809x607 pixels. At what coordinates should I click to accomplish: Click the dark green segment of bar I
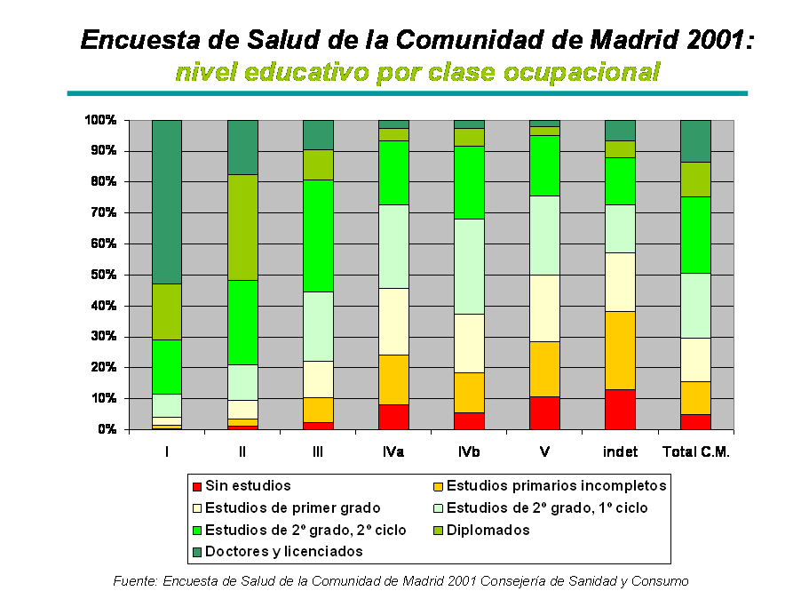pyautogui.click(x=167, y=201)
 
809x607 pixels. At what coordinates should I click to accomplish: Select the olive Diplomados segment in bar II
pyautogui.click(x=242, y=227)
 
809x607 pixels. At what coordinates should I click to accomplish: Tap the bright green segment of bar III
pyautogui.click(x=318, y=236)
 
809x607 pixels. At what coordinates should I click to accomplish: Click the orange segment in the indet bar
pyautogui.click(x=620, y=350)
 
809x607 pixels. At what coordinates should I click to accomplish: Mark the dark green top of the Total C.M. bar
pyautogui.click(x=695, y=140)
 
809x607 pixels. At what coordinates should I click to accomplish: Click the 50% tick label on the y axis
pyautogui.click(x=100, y=275)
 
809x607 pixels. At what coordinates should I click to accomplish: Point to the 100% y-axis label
pyautogui.click(x=100, y=120)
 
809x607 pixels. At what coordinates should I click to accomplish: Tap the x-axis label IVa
pyautogui.click(x=393, y=452)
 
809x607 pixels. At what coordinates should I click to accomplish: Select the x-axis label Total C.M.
pyautogui.click(x=696, y=452)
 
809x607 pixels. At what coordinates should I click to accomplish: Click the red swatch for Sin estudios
pyautogui.click(x=197, y=486)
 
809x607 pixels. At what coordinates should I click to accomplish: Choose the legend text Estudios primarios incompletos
pyautogui.click(x=556, y=485)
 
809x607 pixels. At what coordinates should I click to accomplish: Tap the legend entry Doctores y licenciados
pyautogui.click(x=283, y=551)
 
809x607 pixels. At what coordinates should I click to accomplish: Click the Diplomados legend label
pyautogui.click(x=488, y=530)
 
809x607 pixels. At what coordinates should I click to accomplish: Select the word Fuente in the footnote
pyautogui.click(x=133, y=581)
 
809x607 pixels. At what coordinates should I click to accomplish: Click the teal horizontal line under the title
pyautogui.click(x=407, y=92)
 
